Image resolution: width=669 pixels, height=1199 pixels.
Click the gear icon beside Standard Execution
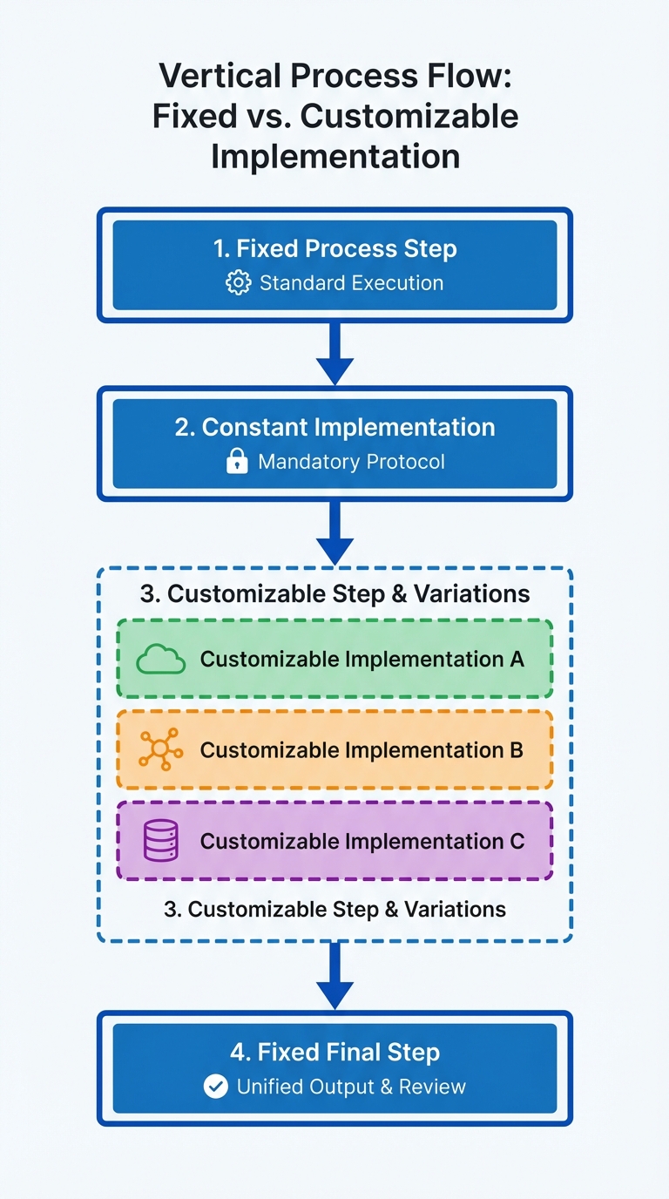pyautogui.click(x=238, y=282)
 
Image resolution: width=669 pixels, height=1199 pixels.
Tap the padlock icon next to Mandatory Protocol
pyautogui.click(x=237, y=461)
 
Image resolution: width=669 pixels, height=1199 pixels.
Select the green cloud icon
pyautogui.click(x=160, y=659)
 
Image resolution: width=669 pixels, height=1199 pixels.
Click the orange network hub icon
pyautogui.click(x=160, y=749)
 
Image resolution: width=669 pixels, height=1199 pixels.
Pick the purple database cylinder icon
pyautogui.click(x=160, y=840)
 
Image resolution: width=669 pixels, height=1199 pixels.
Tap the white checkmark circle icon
pyautogui.click(x=216, y=1087)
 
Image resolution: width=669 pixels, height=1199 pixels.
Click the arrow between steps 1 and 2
pyautogui.click(x=335, y=353)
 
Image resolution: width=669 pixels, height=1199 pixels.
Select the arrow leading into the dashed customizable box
pyautogui.click(x=335, y=533)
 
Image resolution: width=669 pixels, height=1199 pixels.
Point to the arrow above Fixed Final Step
pyautogui.click(x=335, y=975)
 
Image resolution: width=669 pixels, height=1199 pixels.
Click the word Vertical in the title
pyautogui.click(x=220, y=76)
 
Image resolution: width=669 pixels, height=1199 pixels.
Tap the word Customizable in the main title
pyautogui.click(x=409, y=116)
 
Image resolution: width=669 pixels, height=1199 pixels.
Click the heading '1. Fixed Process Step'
pyautogui.click(x=335, y=249)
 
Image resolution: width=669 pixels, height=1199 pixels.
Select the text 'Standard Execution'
pyautogui.click(x=352, y=283)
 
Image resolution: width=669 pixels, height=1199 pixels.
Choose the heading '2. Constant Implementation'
pyautogui.click(x=335, y=427)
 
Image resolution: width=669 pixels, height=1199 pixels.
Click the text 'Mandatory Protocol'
pyautogui.click(x=352, y=462)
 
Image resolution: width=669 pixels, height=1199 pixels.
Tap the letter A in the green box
pyautogui.click(x=517, y=659)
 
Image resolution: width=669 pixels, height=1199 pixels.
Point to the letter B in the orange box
pyautogui.click(x=517, y=750)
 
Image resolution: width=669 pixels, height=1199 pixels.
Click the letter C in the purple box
pyautogui.click(x=517, y=841)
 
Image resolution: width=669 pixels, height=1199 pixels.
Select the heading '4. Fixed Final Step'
pyautogui.click(x=335, y=1053)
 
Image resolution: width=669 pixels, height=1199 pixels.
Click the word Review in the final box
pyautogui.click(x=432, y=1087)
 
